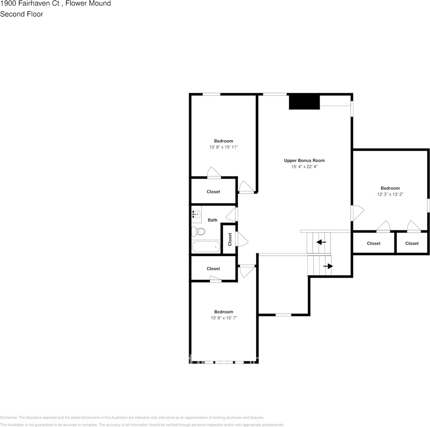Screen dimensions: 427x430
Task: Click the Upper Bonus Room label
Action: pos(304,161)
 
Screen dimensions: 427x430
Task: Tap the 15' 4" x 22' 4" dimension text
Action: pos(304,167)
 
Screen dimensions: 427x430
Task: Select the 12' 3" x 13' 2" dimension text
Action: pos(390,195)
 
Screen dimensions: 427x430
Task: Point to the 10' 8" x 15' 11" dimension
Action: pos(223,147)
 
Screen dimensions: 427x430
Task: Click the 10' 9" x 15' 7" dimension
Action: pos(223,318)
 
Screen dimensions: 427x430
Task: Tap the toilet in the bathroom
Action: pos(198,232)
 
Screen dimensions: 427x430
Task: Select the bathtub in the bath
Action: pos(206,246)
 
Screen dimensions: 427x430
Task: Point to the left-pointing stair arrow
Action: pos(321,242)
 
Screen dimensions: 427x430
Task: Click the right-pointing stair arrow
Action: pos(328,266)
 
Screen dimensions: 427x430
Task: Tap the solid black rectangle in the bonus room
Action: pos(304,102)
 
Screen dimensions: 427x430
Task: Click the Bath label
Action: pos(213,220)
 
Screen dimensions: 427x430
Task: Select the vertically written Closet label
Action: pos(230,239)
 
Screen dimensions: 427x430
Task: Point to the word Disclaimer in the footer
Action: pos(9,418)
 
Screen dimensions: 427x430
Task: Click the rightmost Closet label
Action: pos(412,243)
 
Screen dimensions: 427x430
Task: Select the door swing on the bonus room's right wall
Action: pos(357,213)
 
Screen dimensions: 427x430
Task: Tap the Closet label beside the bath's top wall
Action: pos(213,192)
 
